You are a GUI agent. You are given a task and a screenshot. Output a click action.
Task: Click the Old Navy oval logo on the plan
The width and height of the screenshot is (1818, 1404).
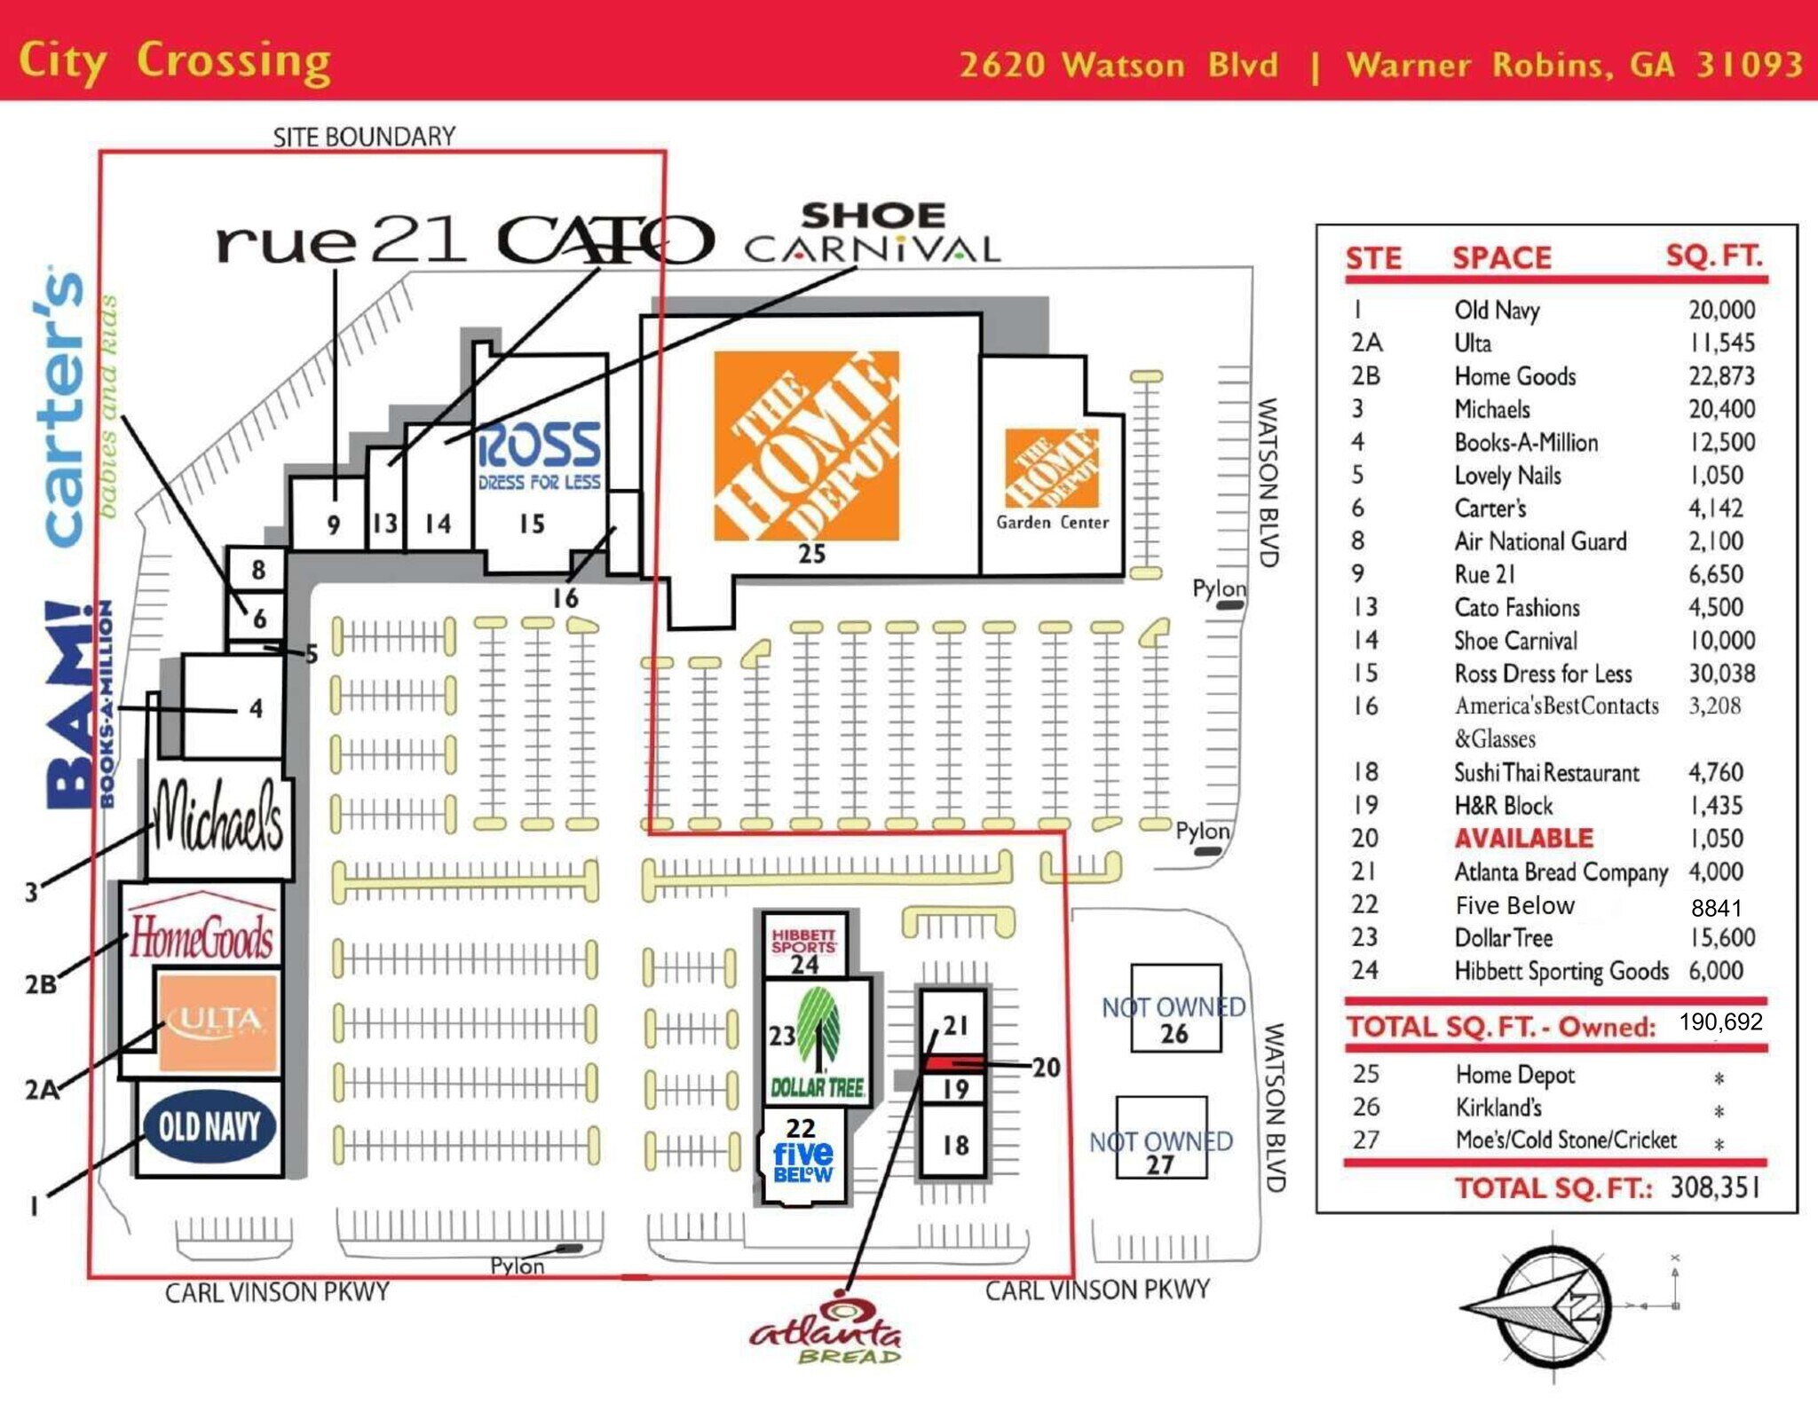click(x=209, y=1126)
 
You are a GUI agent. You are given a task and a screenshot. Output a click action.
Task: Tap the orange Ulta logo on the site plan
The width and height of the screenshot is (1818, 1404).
click(x=217, y=1021)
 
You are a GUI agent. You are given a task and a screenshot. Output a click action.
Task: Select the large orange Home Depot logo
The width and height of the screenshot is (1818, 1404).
click(x=806, y=446)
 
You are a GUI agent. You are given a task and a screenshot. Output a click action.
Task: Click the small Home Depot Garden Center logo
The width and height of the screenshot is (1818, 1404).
click(x=1052, y=468)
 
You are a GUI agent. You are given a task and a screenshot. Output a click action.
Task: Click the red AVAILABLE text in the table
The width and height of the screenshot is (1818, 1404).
click(x=1523, y=838)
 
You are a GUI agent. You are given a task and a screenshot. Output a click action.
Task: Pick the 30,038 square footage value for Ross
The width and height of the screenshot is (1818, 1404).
click(x=1721, y=673)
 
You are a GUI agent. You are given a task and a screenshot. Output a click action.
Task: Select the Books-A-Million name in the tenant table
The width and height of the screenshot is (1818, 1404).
click(x=1525, y=442)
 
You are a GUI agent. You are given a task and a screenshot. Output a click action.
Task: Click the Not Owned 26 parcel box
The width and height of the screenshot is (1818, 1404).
click(x=1175, y=1007)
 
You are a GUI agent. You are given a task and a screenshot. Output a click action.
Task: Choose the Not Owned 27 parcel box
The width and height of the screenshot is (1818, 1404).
click(x=1161, y=1138)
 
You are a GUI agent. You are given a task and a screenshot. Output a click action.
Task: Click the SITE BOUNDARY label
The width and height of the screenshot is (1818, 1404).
click(x=364, y=137)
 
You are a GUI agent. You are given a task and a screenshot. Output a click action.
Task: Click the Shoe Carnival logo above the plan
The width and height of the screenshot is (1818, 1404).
click(x=873, y=233)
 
